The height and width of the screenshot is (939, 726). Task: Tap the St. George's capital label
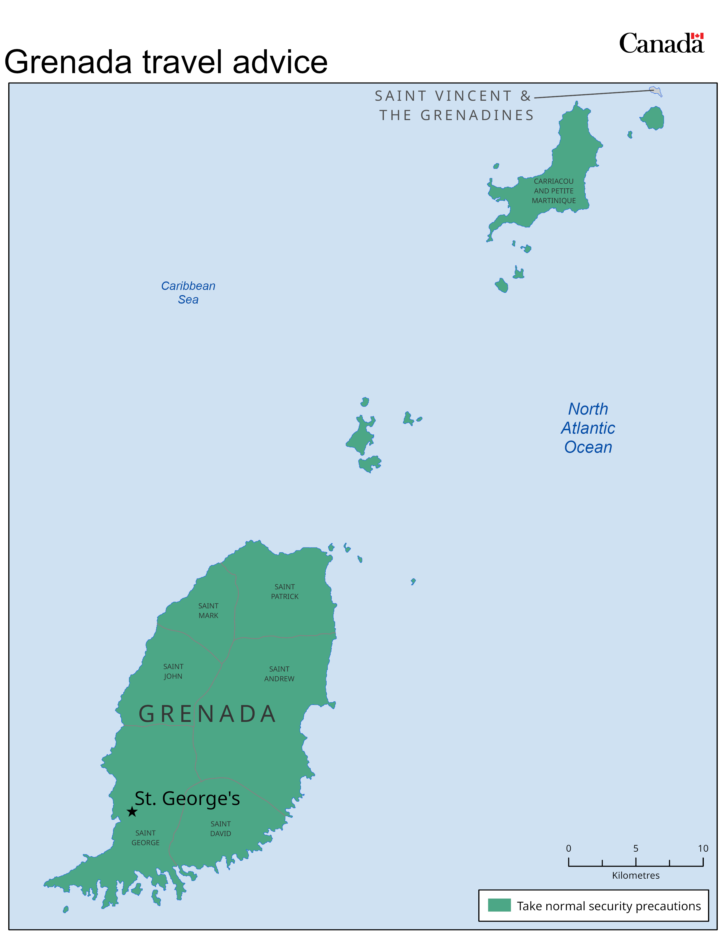pos(187,798)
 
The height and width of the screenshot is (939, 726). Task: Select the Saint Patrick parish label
pos(284,592)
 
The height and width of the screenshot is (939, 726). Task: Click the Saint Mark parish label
pos(208,611)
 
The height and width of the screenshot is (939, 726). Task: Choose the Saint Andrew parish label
pos(279,674)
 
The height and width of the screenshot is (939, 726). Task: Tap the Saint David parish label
pos(221,829)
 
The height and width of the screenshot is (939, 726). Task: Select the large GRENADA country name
pos(207,714)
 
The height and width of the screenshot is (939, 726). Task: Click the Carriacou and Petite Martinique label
pos(553,191)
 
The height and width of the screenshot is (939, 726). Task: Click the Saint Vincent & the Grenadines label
pos(454,105)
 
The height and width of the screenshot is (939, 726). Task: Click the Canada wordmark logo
pos(661,44)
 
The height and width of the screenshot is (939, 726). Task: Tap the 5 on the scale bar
pos(636,848)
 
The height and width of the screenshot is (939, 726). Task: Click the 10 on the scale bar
pos(703,848)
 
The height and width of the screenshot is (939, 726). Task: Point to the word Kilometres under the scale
pos(636,875)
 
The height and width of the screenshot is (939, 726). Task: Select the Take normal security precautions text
pos(609,906)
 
